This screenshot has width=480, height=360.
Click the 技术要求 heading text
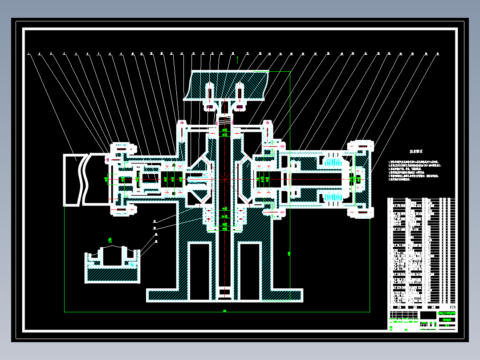pyautogui.click(x=416, y=151)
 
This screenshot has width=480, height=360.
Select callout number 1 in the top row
pyautogui.click(x=28, y=54)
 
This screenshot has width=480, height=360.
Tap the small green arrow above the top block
pyautogui.click(x=238, y=58)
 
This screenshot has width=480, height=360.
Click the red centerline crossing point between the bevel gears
pyautogui.click(x=224, y=179)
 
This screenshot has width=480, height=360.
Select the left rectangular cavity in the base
pyautogui.click(x=199, y=271)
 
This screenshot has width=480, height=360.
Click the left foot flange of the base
pyautogui.click(x=162, y=295)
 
